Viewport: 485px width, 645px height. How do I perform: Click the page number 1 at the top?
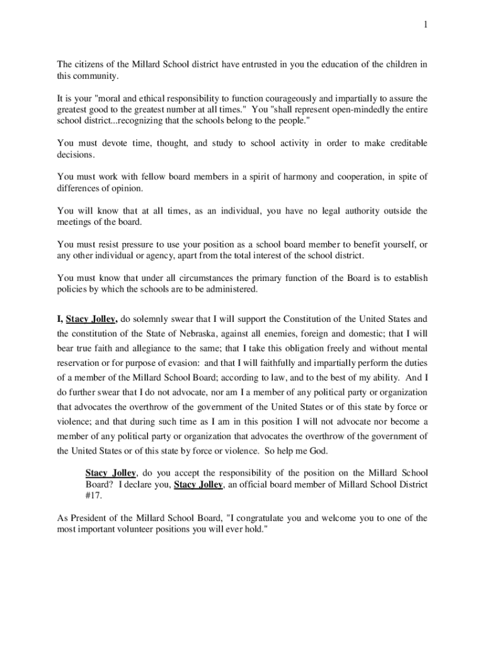point(425,25)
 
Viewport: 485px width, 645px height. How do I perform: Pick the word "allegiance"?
point(148,349)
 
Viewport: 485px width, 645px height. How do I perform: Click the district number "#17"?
point(93,496)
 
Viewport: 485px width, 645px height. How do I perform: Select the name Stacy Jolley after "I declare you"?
point(198,485)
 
